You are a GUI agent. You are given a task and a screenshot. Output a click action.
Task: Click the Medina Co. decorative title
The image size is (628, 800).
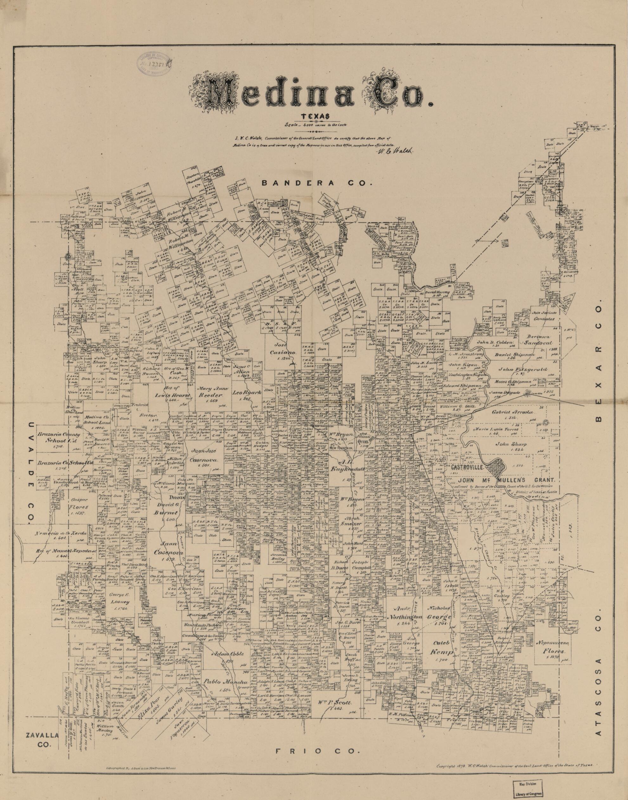click(313, 96)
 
